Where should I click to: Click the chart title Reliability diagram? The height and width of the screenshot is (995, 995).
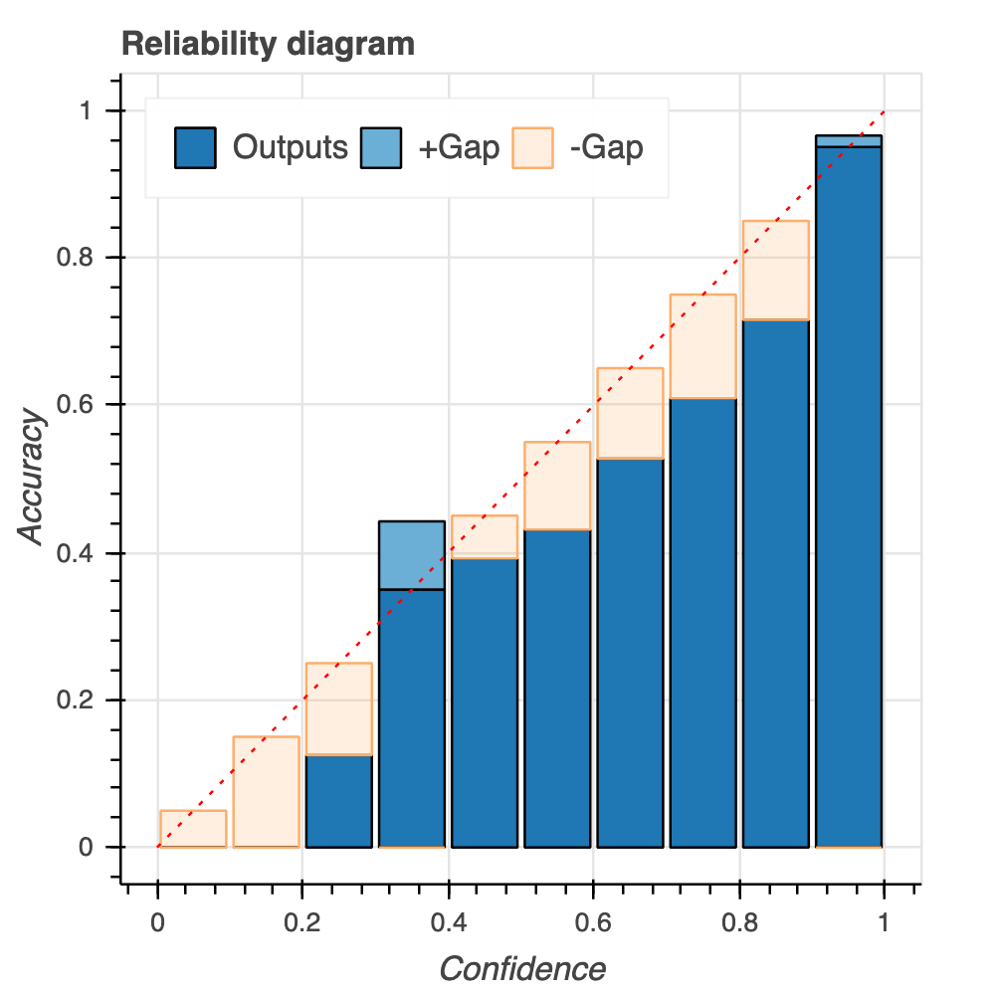(267, 45)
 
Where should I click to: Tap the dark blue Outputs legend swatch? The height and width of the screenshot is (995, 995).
(194, 148)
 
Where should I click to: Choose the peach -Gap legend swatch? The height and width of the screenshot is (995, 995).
(531, 148)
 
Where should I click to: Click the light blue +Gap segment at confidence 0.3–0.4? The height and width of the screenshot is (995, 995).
(412, 555)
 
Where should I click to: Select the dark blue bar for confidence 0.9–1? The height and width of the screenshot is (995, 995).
(849, 497)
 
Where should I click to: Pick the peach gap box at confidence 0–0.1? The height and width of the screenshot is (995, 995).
(193, 829)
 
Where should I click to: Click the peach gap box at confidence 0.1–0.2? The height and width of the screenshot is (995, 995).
(266, 792)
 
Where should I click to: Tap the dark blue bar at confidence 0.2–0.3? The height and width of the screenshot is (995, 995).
(338, 801)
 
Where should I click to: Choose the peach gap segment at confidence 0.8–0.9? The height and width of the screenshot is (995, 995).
(775, 270)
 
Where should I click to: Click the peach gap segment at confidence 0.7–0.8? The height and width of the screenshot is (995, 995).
(702, 346)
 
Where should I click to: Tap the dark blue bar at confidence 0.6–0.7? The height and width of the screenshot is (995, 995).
(630, 653)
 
